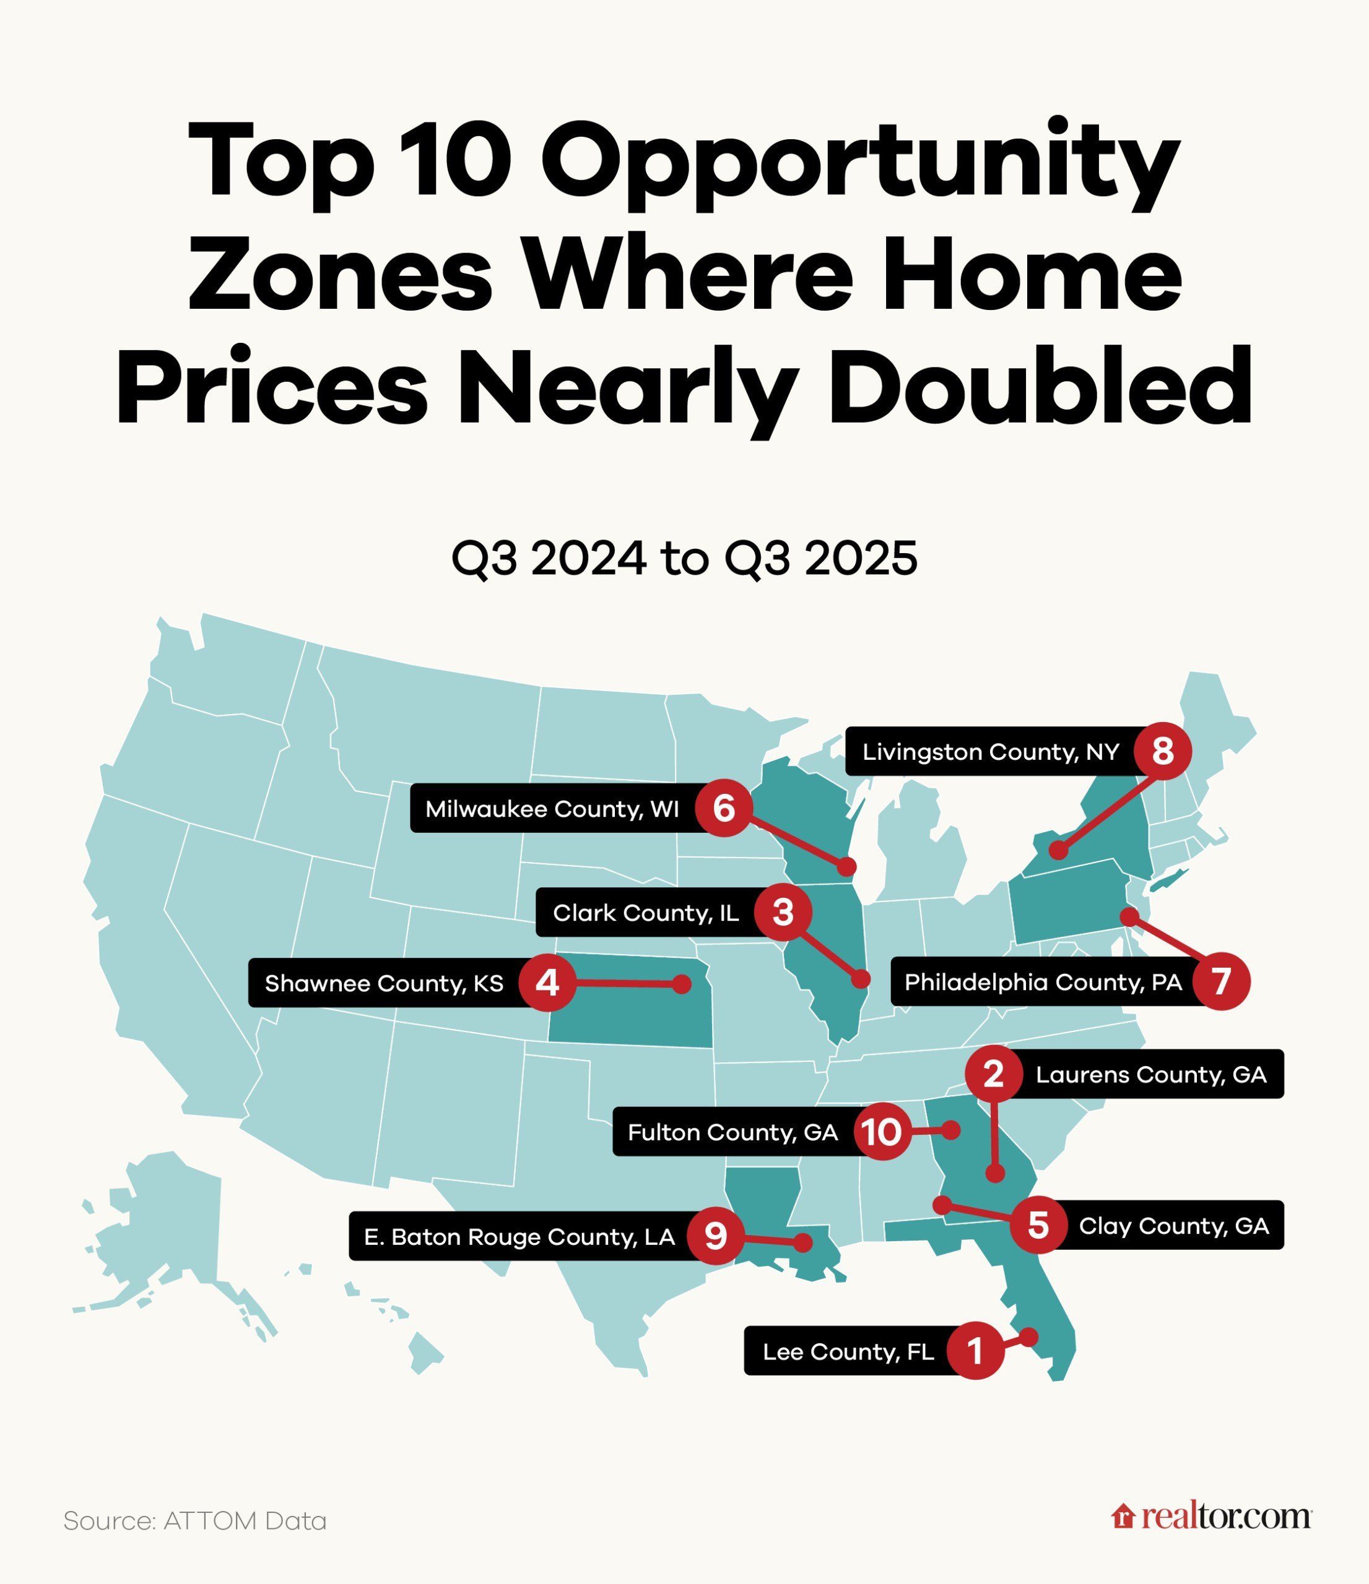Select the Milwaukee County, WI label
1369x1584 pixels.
[552, 809]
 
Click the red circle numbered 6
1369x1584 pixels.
[723, 808]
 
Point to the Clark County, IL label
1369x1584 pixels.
[646, 912]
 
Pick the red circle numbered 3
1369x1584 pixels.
[783, 912]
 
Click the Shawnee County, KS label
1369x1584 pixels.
[384, 983]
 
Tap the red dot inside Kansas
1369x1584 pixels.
[682, 984]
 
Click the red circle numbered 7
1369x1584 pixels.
[1222, 981]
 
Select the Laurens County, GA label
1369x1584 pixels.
[1150, 1074]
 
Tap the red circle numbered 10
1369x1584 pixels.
[882, 1132]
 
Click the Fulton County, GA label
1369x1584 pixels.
[732, 1132]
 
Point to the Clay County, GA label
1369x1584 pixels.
[1173, 1226]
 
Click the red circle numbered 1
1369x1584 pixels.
[975, 1351]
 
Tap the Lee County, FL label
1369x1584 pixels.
[848, 1351]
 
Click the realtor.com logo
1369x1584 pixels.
[1212, 1517]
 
